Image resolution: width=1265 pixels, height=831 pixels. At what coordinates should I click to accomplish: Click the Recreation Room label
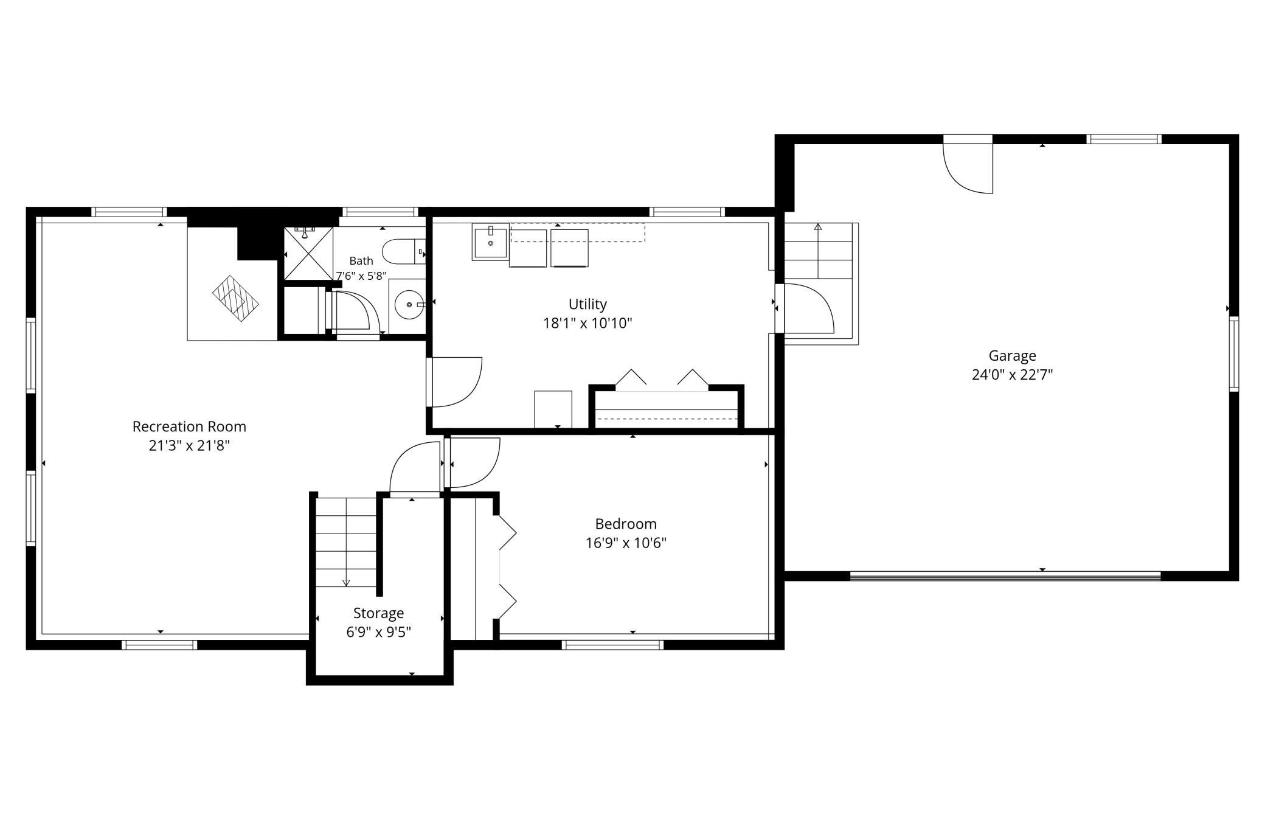point(189,426)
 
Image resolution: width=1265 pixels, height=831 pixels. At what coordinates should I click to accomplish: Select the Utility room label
point(587,304)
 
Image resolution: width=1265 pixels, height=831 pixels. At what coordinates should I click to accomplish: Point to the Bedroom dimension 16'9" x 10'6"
point(626,543)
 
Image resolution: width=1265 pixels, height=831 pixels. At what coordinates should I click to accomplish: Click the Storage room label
point(378,613)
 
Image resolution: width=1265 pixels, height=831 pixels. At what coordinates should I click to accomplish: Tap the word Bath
point(361,261)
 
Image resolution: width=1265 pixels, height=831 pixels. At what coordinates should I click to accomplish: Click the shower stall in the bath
point(309,253)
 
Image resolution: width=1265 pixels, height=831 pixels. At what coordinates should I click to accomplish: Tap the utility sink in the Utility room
point(490,242)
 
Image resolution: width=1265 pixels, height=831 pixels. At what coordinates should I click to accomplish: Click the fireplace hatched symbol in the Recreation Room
point(235,299)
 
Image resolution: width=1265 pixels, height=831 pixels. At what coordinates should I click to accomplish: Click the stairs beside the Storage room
point(346,542)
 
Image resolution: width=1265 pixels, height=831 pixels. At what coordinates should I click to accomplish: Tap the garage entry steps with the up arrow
point(818,251)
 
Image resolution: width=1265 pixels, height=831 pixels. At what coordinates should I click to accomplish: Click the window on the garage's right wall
point(1233,353)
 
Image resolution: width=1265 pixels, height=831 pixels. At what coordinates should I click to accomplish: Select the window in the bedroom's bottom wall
point(612,644)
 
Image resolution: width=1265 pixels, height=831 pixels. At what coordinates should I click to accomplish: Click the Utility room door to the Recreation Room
point(455,382)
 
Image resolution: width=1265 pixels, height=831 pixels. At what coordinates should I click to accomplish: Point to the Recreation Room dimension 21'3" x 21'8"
point(189,446)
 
